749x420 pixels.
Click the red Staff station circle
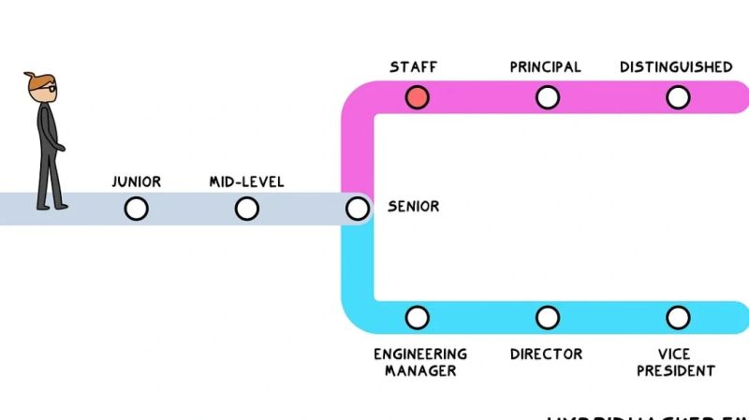pyautogui.click(x=418, y=97)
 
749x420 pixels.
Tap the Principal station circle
pyautogui.click(x=548, y=97)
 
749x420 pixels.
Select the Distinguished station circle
pyautogui.click(x=678, y=97)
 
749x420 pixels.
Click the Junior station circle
pyautogui.click(x=136, y=209)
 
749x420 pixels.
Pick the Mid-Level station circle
pyautogui.click(x=246, y=209)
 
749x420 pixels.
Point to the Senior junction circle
pyautogui.click(x=357, y=209)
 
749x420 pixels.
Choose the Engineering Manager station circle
pyautogui.click(x=418, y=318)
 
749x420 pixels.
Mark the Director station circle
pyautogui.click(x=548, y=318)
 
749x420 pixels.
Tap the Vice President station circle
pyautogui.click(x=678, y=318)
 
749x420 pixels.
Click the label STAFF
pyautogui.click(x=413, y=67)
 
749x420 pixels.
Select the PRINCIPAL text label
pyautogui.click(x=545, y=67)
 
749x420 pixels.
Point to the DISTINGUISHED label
pyautogui.click(x=676, y=67)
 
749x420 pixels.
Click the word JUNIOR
pyautogui.click(x=136, y=181)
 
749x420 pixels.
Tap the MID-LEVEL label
pyautogui.click(x=246, y=181)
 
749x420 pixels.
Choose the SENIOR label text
pyautogui.click(x=413, y=206)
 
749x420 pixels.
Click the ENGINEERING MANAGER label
pyautogui.click(x=419, y=362)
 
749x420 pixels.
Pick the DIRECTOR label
pyautogui.click(x=546, y=355)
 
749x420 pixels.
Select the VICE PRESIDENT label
pyautogui.click(x=676, y=362)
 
